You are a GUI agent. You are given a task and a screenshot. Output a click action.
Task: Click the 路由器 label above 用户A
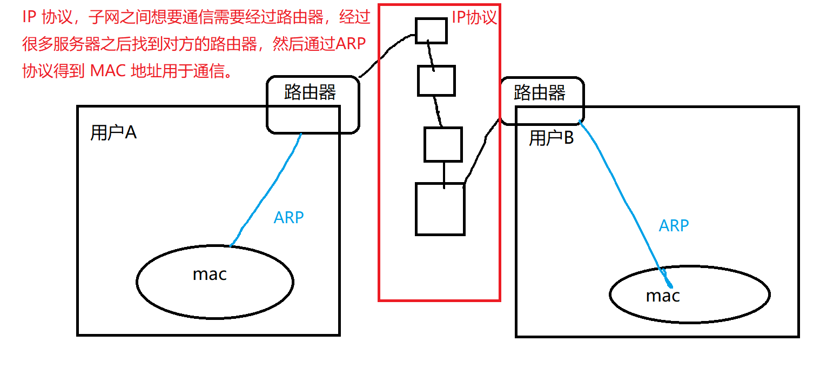[x=310, y=92]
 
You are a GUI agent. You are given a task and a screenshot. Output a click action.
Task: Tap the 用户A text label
[x=113, y=132]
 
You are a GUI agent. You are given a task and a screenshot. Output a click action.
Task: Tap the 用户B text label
[x=551, y=138]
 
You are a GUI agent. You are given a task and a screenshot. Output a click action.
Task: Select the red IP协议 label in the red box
[x=474, y=17]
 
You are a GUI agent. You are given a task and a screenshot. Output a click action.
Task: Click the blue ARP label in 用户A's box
[x=289, y=218]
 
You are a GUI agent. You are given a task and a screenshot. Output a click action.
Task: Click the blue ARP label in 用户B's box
[x=674, y=225]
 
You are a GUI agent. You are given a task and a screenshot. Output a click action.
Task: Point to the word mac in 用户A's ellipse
[x=210, y=275]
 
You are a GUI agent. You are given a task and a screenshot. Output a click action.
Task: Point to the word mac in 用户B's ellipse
[x=662, y=296]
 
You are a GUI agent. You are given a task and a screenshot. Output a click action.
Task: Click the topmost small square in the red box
[x=431, y=30]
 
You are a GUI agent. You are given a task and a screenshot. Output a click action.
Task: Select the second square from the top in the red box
[x=436, y=81]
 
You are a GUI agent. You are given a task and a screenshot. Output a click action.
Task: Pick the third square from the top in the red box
[x=443, y=144]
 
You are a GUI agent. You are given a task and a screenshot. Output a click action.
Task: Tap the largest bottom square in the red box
[x=440, y=209]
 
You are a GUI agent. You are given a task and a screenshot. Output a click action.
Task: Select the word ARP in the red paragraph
[x=353, y=44]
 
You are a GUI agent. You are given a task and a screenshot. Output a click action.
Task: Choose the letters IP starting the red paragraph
[x=29, y=17]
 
